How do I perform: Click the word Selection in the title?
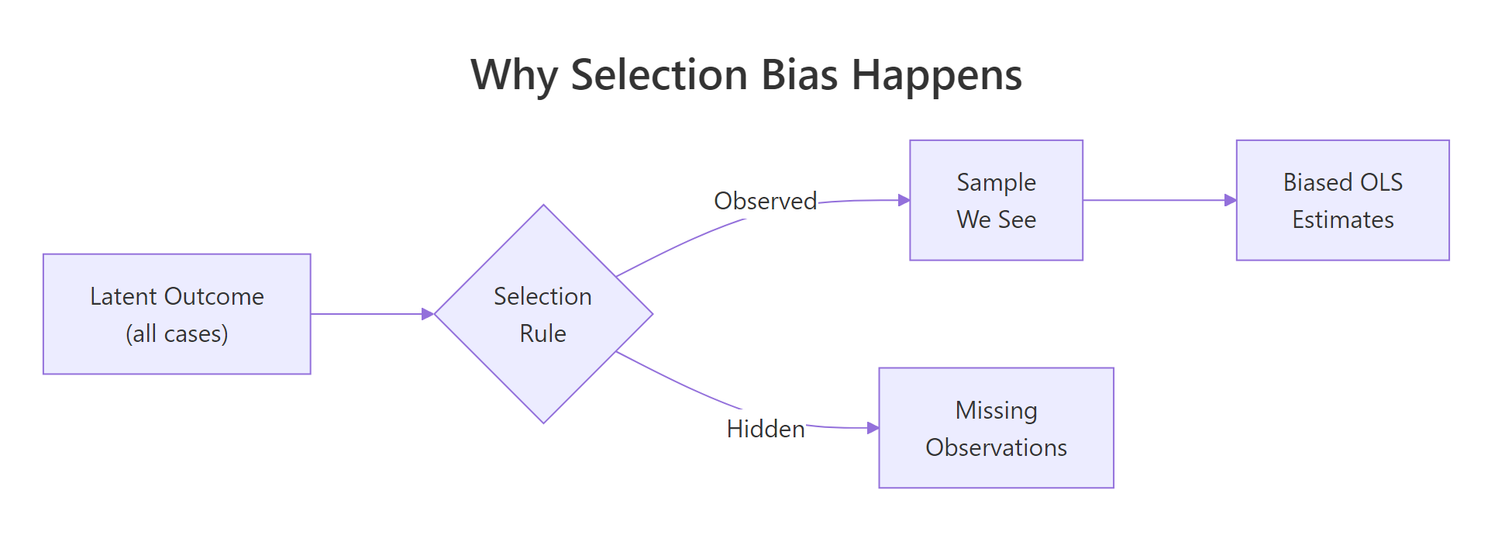pos(659,75)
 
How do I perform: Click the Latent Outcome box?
pos(177,314)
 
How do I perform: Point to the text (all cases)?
pos(177,333)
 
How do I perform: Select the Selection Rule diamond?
pos(543,314)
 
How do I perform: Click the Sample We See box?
pos(996,200)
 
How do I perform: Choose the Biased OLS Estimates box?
pos(1342,200)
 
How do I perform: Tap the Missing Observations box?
pos(996,428)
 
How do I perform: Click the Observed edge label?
pos(765,201)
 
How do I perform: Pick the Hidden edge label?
pos(765,429)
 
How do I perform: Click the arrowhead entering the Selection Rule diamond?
pos(428,314)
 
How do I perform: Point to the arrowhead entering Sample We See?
pos(904,200)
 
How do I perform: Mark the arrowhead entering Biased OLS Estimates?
pos(1231,200)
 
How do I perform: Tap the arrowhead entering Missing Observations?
pos(873,428)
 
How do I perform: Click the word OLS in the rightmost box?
pos(1381,182)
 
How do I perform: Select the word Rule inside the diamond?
pos(542,333)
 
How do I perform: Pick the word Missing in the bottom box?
pos(996,410)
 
